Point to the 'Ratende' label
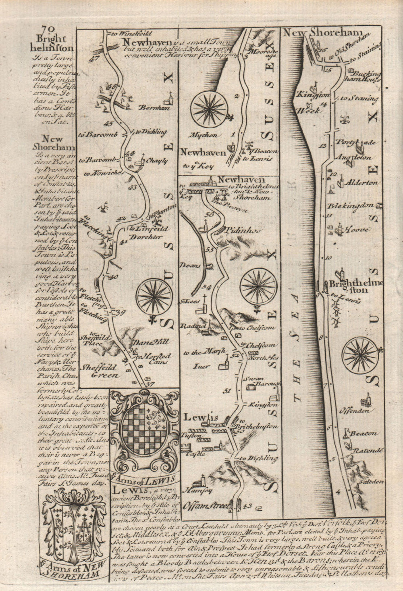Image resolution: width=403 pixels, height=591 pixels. (x=368, y=450)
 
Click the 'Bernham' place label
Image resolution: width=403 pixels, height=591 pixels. (x=153, y=108)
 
